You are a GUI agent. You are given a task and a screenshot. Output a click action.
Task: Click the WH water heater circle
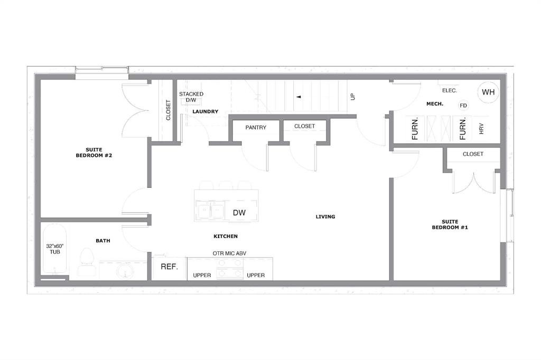tap(488, 92)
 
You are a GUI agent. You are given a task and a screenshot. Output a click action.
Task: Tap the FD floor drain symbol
tap(463, 106)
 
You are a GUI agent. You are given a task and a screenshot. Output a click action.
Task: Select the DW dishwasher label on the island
tap(238, 213)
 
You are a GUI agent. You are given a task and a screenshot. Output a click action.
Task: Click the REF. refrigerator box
tap(169, 267)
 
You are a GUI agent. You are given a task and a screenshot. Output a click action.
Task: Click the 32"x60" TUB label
tap(54, 249)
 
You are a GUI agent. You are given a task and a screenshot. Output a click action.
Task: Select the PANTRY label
tap(256, 127)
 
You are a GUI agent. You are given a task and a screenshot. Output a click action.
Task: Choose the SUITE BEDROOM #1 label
tap(450, 224)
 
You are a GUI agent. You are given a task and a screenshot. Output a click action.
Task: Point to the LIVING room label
tap(325, 216)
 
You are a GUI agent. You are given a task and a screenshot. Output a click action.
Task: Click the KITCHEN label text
tap(226, 236)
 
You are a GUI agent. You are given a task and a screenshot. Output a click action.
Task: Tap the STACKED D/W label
tap(191, 97)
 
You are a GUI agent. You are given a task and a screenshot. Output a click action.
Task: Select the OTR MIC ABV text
tap(229, 253)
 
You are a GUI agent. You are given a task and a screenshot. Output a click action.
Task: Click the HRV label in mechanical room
tap(481, 129)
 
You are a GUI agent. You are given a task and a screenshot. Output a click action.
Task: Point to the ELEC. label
tap(450, 90)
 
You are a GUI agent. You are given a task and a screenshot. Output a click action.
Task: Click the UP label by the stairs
tap(352, 97)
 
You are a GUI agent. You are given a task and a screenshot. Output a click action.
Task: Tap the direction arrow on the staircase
tap(299, 97)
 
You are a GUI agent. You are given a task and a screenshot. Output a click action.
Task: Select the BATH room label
tap(103, 241)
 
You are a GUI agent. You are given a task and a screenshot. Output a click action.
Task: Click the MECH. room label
tap(435, 104)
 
